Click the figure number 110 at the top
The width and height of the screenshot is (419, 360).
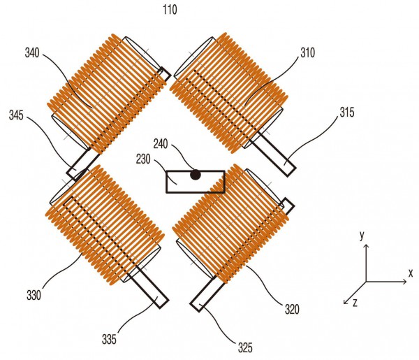(x=170, y=10)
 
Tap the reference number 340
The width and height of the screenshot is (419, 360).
(x=32, y=53)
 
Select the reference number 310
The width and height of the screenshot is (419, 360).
(x=307, y=53)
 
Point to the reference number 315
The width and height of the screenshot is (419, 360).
(x=347, y=112)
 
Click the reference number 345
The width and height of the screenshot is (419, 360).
(x=16, y=115)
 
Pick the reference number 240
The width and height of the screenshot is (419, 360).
(x=161, y=144)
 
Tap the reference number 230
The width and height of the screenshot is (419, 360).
(x=143, y=159)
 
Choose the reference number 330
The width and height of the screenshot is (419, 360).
(x=34, y=295)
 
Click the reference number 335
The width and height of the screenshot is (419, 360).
(x=109, y=339)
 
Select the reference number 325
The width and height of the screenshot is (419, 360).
(x=245, y=347)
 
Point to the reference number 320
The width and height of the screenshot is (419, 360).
(x=292, y=310)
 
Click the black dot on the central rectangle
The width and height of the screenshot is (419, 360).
(x=196, y=175)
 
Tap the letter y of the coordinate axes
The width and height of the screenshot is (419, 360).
(x=362, y=236)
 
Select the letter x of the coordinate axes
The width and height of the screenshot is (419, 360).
(x=411, y=273)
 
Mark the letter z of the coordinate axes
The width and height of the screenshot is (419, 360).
(x=355, y=303)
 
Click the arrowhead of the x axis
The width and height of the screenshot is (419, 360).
(x=406, y=282)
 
